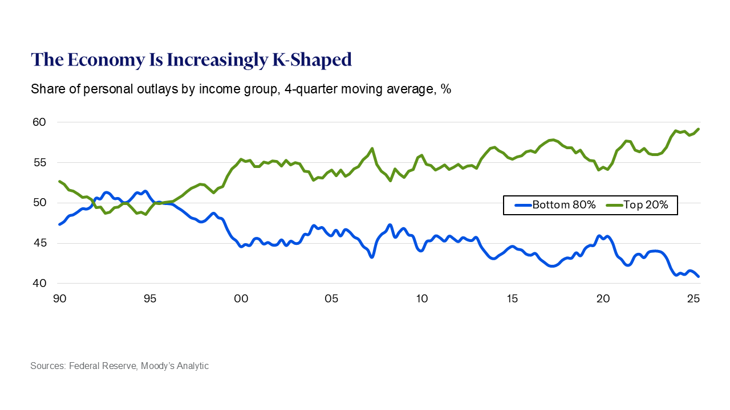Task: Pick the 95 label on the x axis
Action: click(150, 298)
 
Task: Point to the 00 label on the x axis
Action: click(241, 298)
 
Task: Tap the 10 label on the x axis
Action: click(421, 298)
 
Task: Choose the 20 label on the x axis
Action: click(603, 298)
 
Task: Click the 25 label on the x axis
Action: click(693, 298)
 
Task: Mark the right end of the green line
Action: click(699, 129)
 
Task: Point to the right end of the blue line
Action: click(699, 277)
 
